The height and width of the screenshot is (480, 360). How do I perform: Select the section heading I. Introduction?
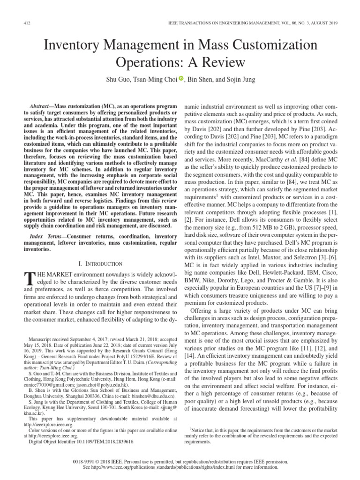coord(98,264)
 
